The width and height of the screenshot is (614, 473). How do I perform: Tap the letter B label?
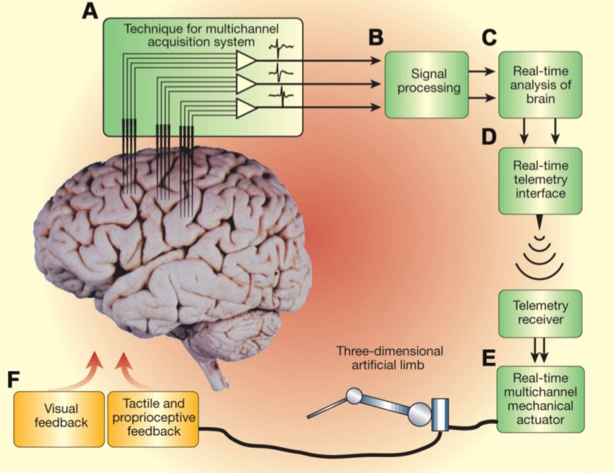377,37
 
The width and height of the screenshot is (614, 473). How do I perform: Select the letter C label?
489,37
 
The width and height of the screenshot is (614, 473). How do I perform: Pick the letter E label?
489,359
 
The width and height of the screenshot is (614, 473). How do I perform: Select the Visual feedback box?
60,419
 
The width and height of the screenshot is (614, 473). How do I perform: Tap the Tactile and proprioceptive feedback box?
153,419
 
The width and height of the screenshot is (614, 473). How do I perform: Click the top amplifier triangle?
247,60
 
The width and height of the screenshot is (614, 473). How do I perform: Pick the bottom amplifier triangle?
247,106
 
